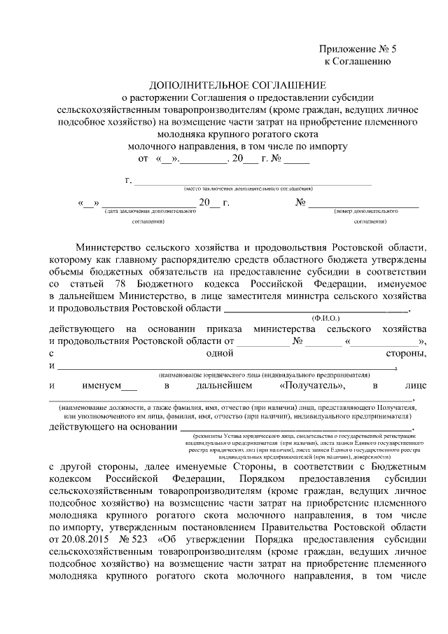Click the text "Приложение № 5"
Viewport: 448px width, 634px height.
tap(358, 49)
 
